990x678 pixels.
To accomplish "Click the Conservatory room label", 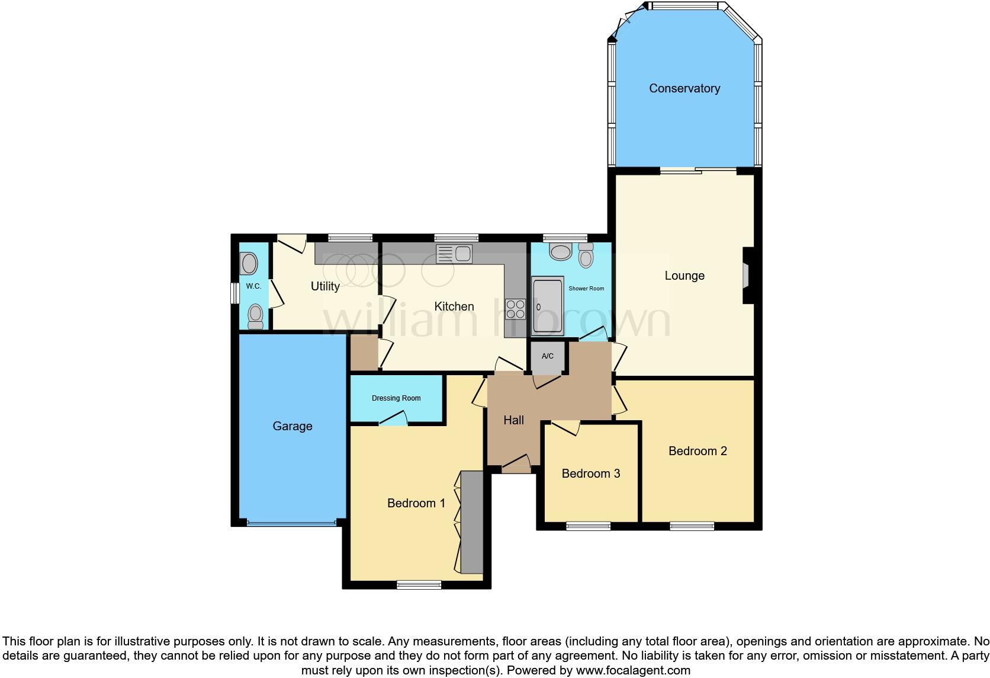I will point(684,88).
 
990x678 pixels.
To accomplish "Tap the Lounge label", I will point(684,276).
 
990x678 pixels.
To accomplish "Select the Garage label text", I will point(292,426).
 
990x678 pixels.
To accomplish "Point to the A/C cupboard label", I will point(547,356).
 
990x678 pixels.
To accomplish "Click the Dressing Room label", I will point(396,398).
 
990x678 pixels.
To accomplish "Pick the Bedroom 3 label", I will point(590,474).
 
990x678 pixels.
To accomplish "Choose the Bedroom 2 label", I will point(697,451).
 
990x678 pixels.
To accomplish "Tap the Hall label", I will point(513,420).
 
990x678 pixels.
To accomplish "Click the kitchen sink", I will point(454,254).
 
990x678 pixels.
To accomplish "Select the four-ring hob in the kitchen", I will point(515,309).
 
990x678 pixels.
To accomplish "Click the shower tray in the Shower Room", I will point(547,306).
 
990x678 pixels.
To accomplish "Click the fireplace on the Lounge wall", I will point(747,276).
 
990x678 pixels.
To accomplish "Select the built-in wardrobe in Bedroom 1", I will point(471,522).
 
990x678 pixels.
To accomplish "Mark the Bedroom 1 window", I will point(419,585).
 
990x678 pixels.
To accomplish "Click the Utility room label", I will point(325,286).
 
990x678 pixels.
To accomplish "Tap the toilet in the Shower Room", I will point(586,256).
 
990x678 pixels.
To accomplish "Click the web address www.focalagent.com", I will point(633,670).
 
